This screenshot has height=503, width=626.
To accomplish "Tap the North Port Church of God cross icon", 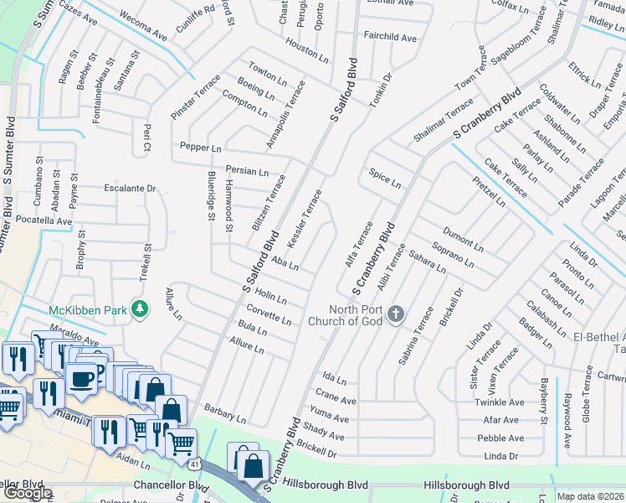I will (396, 315).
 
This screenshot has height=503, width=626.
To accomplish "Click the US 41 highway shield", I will (194, 463).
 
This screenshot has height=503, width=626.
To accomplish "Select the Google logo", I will (28, 493).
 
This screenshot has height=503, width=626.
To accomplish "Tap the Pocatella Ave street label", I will (41, 221).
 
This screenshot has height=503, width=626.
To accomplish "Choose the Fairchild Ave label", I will (389, 38).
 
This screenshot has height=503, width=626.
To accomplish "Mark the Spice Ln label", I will (385, 178).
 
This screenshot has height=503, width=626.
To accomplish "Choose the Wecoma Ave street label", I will (144, 29).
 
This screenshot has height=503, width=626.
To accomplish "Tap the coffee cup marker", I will (82, 378).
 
